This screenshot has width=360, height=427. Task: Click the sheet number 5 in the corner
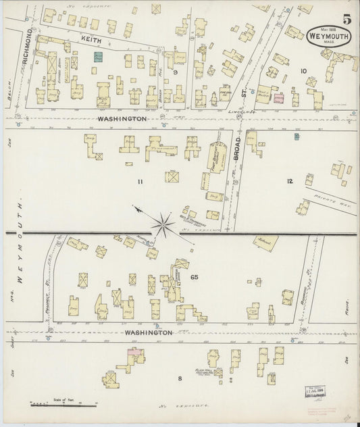[x=346, y=20]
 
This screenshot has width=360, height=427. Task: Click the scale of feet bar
[x=57, y=405]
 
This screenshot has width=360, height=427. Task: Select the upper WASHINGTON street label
[x=122, y=118]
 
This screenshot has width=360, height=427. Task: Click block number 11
[x=140, y=182]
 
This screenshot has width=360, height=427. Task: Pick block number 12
[x=290, y=180]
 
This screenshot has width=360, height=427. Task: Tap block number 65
[x=195, y=277]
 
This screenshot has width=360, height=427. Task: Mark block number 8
[x=180, y=378]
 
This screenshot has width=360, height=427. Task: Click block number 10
[x=303, y=70]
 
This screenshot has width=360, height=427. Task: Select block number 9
[x=174, y=71]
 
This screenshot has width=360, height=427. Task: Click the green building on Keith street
[x=99, y=58]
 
